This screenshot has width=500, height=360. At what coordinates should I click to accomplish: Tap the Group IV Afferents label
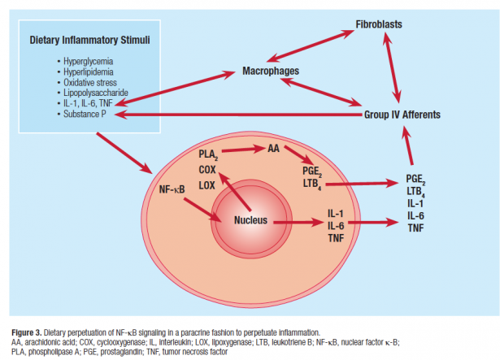(402, 115)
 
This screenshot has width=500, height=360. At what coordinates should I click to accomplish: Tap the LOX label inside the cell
(207, 184)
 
